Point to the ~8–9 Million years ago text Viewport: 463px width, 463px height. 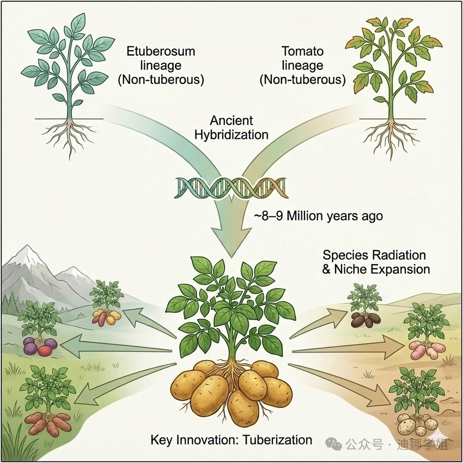(318, 216)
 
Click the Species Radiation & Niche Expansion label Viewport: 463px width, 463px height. (376, 262)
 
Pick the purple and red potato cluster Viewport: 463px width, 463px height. (39, 346)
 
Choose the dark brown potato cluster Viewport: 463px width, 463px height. (362, 320)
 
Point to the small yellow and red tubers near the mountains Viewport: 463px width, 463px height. (106, 316)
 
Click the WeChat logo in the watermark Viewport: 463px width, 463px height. (336, 444)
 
